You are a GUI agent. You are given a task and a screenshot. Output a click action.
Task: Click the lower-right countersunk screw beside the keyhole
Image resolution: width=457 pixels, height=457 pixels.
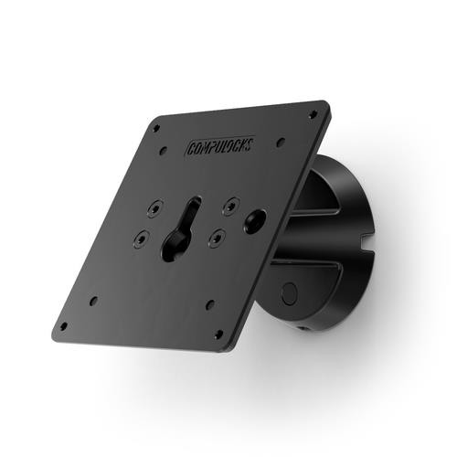pyautogui.click(x=217, y=236)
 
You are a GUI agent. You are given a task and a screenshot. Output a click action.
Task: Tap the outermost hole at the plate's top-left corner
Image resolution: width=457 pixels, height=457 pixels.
pyautogui.click(x=155, y=127)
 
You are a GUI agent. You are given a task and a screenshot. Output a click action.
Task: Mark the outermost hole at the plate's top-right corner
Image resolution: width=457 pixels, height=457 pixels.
pyautogui.click(x=313, y=114)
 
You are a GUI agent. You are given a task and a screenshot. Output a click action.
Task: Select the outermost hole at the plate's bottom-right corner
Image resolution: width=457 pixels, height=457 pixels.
pyautogui.click(x=218, y=335)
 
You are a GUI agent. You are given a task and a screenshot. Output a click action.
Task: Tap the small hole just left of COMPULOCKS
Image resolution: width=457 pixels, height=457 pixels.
pyautogui.click(x=164, y=151)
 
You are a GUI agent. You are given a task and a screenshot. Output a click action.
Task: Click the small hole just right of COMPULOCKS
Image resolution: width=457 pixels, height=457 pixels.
pyautogui.click(x=281, y=141)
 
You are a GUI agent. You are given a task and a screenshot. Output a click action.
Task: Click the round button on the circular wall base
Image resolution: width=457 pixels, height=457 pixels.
pyautogui.click(x=290, y=294)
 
